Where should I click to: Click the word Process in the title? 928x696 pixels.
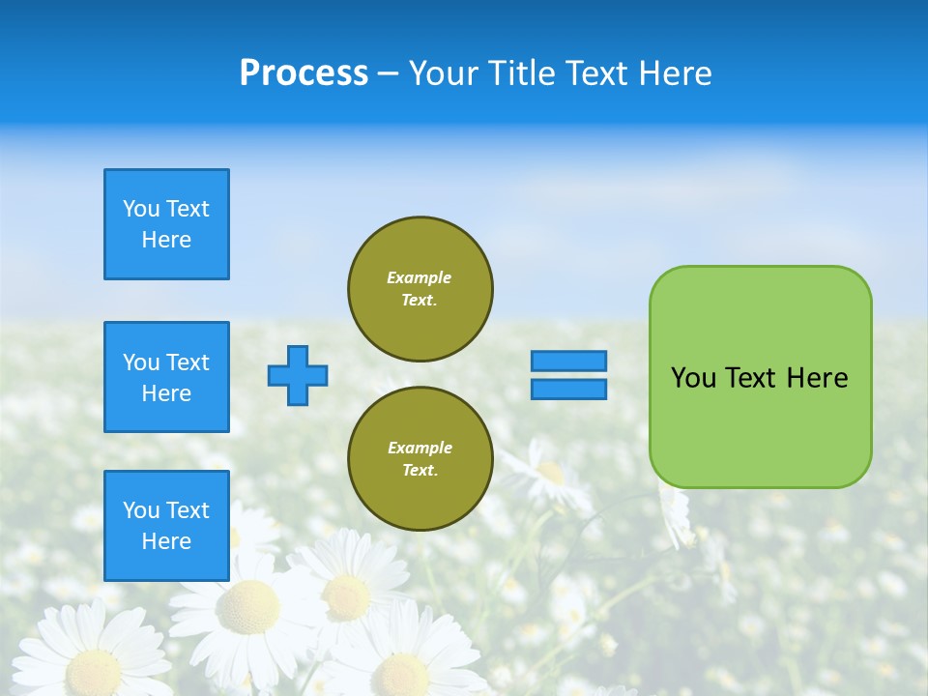click(304, 72)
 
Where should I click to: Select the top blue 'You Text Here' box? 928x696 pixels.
click(166, 224)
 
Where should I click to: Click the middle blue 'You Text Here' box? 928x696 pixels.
click(166, 377)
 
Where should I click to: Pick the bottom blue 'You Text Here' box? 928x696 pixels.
click(166, 526)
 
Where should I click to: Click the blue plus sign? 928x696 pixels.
click(298, 375)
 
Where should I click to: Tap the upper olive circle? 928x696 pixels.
click(420, 288)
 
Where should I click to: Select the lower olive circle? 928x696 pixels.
click(420, 458)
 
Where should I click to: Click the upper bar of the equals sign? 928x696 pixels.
click(569, 361)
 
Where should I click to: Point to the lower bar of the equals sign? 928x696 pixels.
click(569, 389)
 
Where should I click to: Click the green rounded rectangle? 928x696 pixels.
click(760, 425)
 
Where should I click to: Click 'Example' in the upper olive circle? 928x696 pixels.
click(420, 277)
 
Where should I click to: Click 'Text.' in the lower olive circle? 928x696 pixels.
click(420, 470)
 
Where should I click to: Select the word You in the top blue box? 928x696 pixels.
click(140, 209)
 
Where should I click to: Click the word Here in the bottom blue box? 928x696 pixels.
click(166, 541)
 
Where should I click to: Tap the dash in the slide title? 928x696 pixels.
click(388, 73)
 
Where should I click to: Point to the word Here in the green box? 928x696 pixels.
click(817, 378)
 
